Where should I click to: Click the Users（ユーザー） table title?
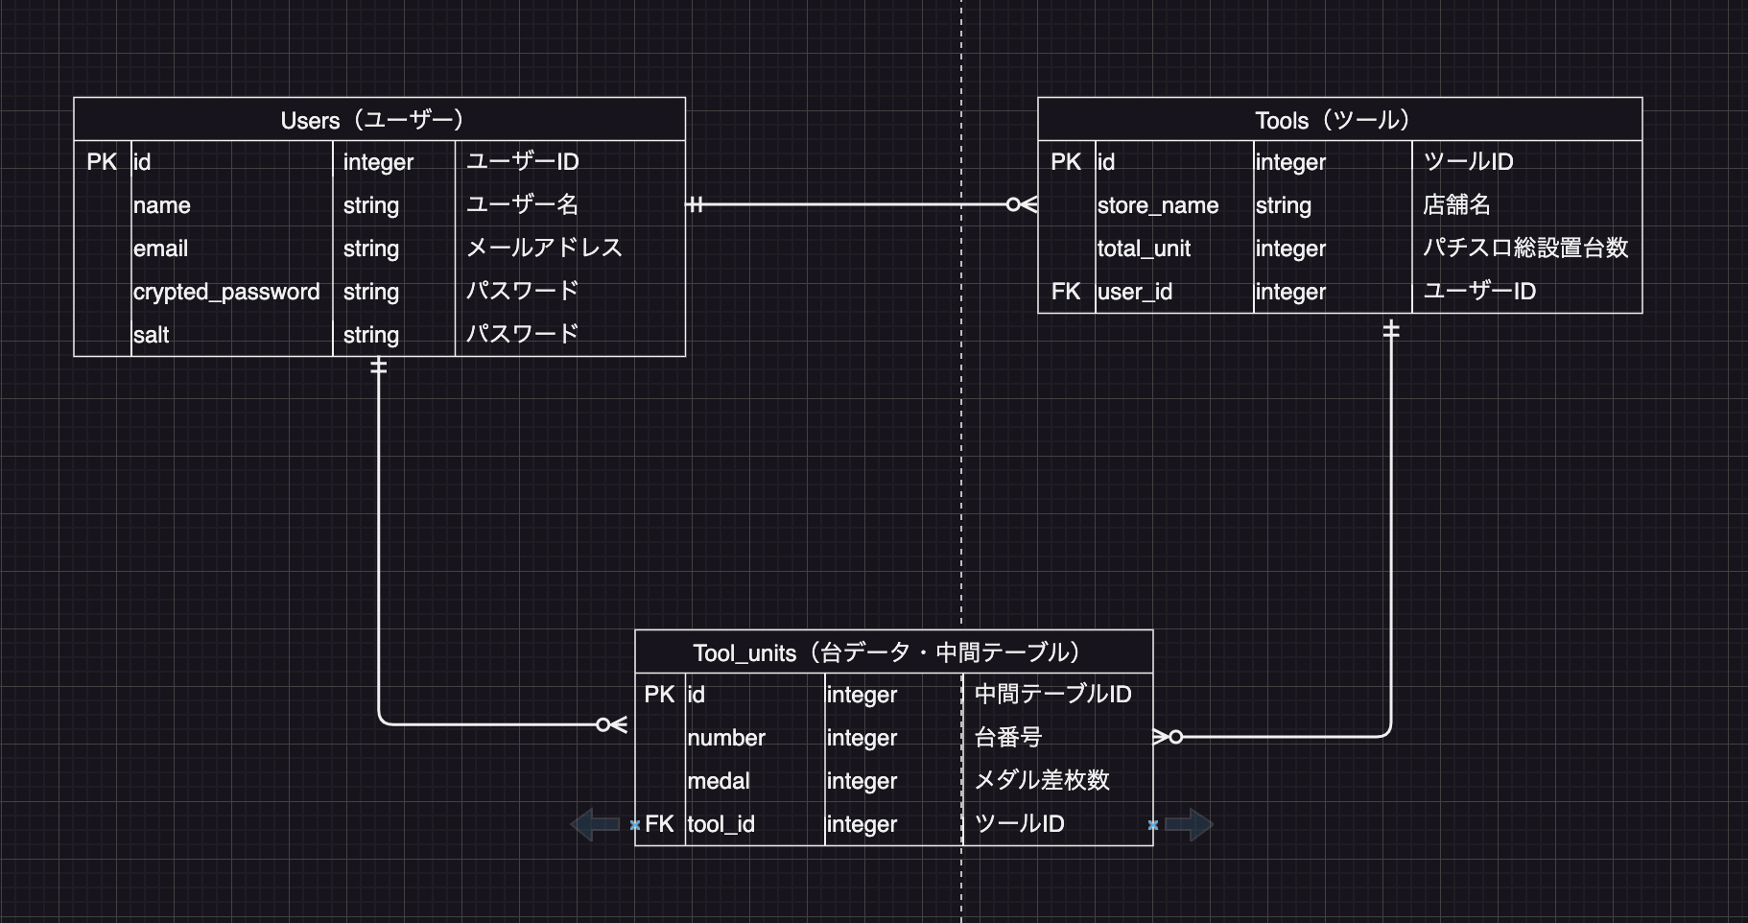coord(372,120)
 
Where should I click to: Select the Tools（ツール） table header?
coord(1333,120)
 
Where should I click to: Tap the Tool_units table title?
coord(886,652)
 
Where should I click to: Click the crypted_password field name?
coord(226,292)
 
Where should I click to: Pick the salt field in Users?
coord(152,335)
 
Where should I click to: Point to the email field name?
coord(161,248)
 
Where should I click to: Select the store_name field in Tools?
coord(1158,205)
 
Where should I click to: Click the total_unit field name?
coord(1144,248)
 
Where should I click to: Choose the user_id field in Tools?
coord(1135,292)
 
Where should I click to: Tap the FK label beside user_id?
coord(1066,292)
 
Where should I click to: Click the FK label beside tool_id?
coord(659,824)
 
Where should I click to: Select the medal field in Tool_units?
coord(719,781)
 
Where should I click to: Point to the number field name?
coord(726,738)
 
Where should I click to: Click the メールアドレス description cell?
coord(544,248)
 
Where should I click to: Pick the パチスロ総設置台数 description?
coord(1525,248)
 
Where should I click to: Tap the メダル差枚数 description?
coord(1042,781)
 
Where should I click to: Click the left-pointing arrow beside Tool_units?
coord(596,824)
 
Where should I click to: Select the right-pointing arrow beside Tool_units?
coord(1189,824)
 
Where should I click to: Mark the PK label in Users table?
coord(102,162)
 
